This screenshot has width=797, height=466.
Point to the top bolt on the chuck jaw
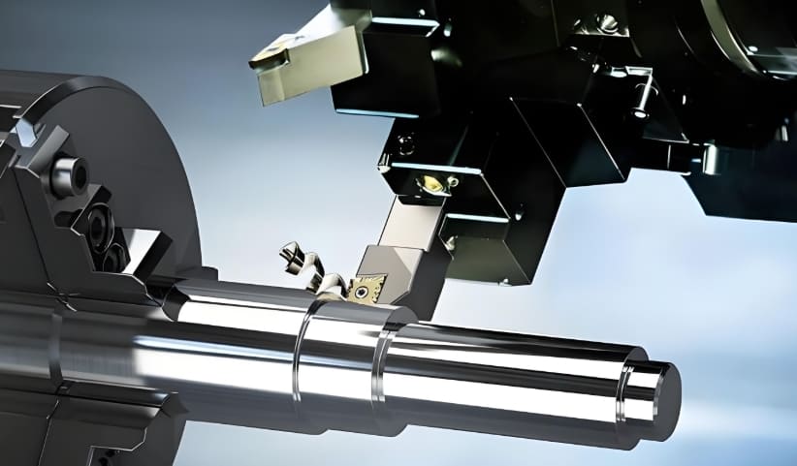pyautogui.click(x=68, y=175)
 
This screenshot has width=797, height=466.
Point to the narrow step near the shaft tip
pyautogui.click(x=628, y=392)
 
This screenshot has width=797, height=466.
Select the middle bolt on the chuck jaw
pyautogui.click(x=97, y=228)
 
